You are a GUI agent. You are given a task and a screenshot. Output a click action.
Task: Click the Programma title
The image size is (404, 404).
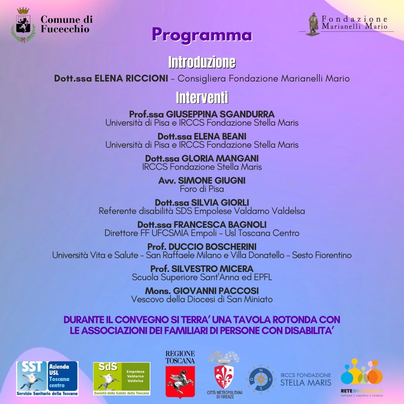[202, 35]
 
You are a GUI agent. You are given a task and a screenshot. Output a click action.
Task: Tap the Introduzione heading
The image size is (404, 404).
[202, 62]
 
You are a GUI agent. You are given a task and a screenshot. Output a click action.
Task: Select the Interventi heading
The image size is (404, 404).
[202, 97]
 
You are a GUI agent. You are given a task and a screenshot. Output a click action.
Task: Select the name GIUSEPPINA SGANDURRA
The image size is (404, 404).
[220, 114]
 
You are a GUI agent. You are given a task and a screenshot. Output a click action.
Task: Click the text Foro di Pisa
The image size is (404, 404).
[202, 189]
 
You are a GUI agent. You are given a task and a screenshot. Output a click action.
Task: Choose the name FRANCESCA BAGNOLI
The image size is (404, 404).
[220, 225]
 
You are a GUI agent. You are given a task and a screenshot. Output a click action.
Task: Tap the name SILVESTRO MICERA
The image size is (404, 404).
[212, 269]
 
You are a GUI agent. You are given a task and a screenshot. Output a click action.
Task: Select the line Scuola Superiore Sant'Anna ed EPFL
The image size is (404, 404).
[202, 278]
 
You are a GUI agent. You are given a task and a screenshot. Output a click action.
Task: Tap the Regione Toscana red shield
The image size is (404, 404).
[180, 381]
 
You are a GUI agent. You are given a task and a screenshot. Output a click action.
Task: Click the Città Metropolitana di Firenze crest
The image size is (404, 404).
[225, 376]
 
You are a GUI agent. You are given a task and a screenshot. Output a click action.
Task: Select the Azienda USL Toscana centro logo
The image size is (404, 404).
[47, 378]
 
